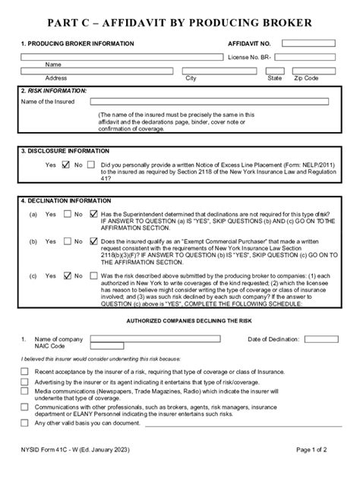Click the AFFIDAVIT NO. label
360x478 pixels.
tap(249, 44)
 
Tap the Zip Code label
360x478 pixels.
tap(307, 78)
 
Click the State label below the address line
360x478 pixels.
tap(274, 78)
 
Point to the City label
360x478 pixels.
tap(191, 78)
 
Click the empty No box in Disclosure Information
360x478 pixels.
tap(92, 164)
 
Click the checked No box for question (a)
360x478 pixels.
tap(93, 214)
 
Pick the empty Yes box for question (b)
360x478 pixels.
tap(67, 241)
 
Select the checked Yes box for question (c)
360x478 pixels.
tap(67, 275)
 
